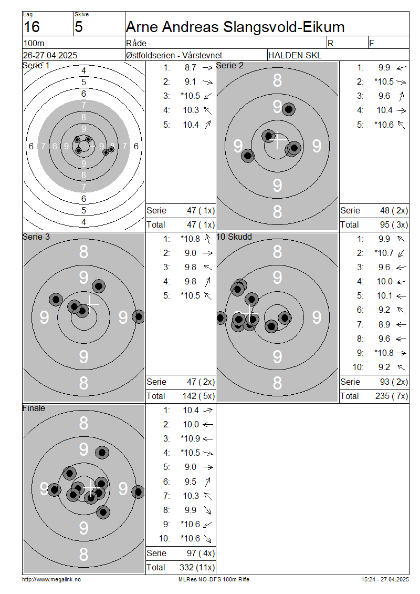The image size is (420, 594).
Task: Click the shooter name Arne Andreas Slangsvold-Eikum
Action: pos(235,27)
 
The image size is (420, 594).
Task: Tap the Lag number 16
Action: pos(31,27)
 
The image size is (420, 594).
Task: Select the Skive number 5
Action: pos(79,27)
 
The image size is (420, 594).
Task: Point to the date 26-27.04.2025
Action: pos(50,55)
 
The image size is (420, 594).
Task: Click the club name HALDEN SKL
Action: pos(295,55)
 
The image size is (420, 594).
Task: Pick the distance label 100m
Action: pos(34,43)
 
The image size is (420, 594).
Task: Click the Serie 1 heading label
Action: pos(36,65)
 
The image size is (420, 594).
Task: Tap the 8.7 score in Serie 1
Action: pos(191,67)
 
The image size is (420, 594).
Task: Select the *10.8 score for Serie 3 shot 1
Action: pos(190,239)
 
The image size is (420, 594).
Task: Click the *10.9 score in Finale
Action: pos(190,439)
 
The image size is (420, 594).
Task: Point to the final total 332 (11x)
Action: pos(197,568)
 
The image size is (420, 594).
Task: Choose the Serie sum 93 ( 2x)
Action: pos(394,382)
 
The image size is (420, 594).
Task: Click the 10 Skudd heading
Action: pos(234,237)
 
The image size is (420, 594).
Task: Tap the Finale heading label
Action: pos(34,408)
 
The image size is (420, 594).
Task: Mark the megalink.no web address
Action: pos(51,580)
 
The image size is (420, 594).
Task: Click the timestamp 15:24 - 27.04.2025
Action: pos(385,580)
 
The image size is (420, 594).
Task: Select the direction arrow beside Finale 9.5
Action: pos(207,482)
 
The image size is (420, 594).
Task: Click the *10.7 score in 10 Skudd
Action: pos(384,253)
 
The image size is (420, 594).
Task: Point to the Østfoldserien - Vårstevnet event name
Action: pos(174,55)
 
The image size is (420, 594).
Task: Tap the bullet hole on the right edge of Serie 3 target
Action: pos(139,316)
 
